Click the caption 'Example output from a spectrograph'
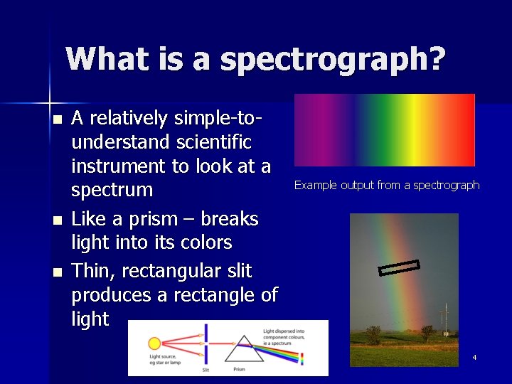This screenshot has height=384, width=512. tap(387, 186)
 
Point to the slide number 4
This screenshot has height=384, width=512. tap(474, 357)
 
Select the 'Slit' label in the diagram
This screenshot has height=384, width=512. tap(206, 370)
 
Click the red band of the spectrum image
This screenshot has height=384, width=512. tap(462, 129)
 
